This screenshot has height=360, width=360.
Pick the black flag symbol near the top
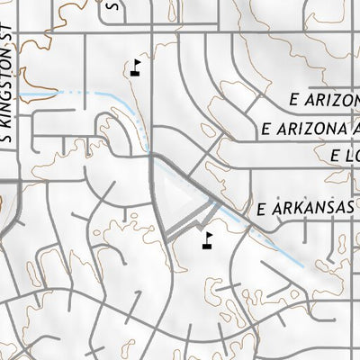tap(136, 66)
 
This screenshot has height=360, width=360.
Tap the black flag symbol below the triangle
tap(208, 239)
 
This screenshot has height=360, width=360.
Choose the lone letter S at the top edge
tap(112, 4)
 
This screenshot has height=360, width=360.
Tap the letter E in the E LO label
tap(324, 156)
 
